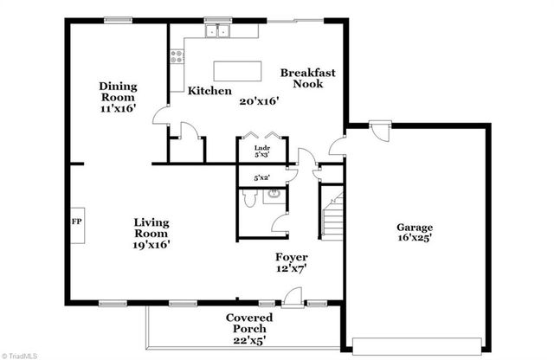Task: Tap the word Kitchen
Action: pyautogui.click(x=209, y=91)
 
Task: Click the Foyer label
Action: pyautogui.click(x=291, y=257)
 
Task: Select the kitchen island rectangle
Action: pyautogui.click(x=237, y=69)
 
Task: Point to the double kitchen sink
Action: pyautogui.click(x=218, y=32)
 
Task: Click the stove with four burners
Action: pyautogui.click(x=178, y=57)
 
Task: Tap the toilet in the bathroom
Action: pyautogui.click(x=248, y=200)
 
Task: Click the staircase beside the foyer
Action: pyautogui.click(x=332, y=215)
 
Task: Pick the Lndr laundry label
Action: pyautogui.click(x=261, y=150)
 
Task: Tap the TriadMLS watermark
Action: pyautogui.click(x=23, y=354)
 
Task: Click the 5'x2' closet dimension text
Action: pyautogui.click(x=261, y=177)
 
